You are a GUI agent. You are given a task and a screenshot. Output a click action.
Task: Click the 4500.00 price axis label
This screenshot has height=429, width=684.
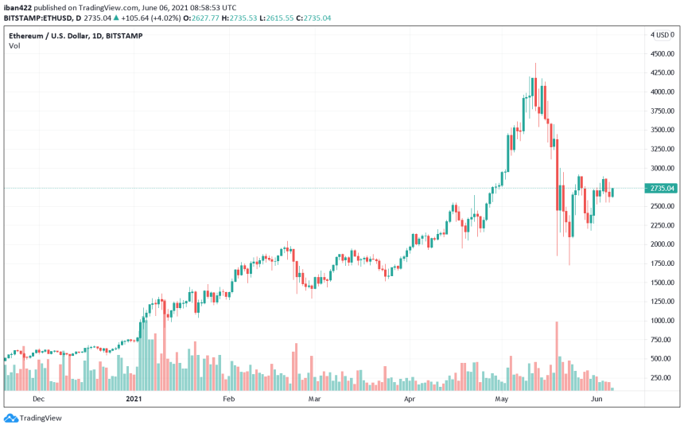tap(662, 53)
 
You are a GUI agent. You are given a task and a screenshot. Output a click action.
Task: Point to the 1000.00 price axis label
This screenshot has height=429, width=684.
tap(662, 321)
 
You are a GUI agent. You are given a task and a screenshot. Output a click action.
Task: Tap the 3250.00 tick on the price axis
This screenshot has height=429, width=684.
tap(662, 149)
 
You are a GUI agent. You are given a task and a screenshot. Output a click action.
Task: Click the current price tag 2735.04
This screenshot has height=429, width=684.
tap(662, 188)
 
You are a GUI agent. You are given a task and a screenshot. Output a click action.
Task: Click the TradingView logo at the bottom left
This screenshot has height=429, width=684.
tap(33, 418)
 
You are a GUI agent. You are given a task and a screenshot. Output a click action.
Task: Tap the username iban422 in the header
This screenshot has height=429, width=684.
tap(18, 7)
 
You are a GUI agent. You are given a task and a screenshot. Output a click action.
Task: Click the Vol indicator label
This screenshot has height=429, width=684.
tap(14, 46)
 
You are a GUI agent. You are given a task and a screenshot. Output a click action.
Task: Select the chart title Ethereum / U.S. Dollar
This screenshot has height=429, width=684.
tap(52, 36)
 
